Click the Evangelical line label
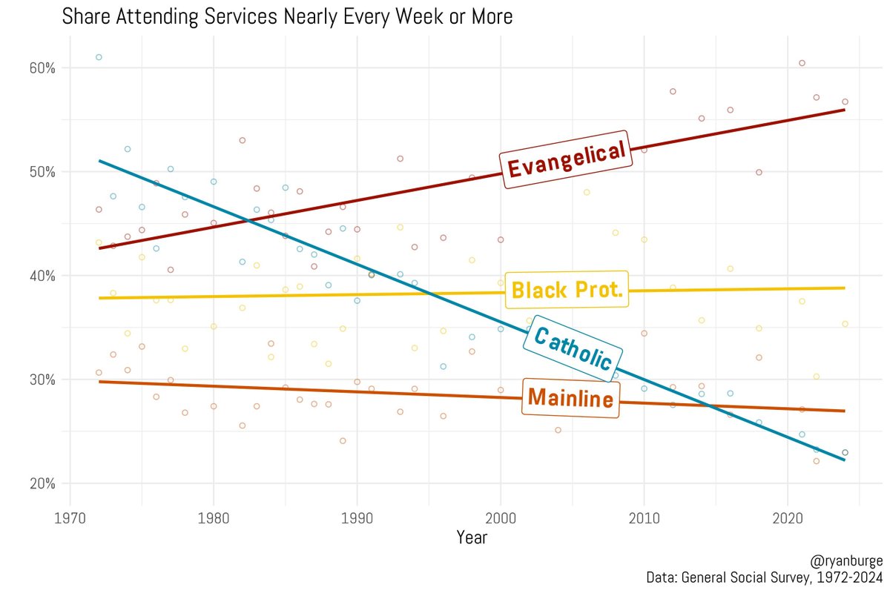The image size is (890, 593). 565,159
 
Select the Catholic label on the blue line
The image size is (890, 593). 573,349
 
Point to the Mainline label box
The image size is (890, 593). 570,400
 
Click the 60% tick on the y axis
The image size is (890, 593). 42,68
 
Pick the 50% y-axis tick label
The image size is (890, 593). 42,172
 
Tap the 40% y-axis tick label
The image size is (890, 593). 42,276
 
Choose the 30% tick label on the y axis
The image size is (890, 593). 42,380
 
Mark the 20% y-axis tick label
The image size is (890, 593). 42,483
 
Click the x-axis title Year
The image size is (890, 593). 472,537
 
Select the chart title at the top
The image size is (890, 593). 287,16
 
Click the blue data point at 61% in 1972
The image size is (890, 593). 99,57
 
